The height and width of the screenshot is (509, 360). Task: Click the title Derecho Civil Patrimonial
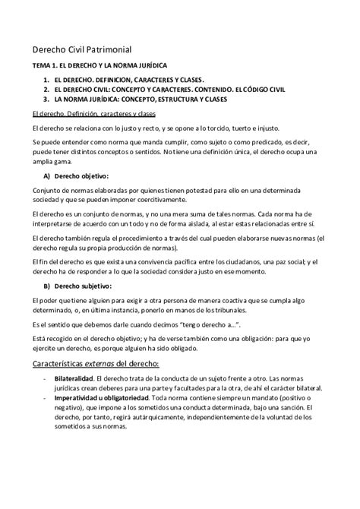coord(71,48)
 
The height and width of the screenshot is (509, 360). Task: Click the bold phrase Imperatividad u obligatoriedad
coord(105,398)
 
